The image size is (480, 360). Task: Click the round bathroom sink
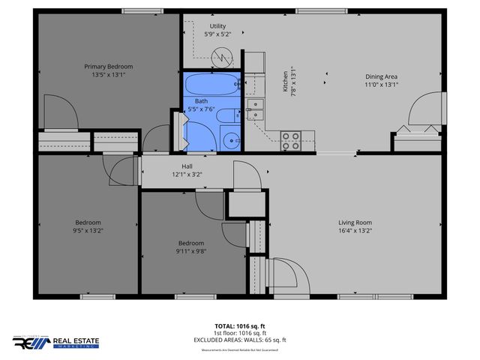(232, 139)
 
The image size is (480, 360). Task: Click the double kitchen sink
(256, 110)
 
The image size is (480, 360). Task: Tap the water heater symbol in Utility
(222, 55)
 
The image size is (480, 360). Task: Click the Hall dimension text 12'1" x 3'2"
(187, 175)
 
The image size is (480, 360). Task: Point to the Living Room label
(355, 223)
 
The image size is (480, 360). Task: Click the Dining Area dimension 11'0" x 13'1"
(381, 85)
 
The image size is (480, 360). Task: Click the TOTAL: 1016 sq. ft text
(241, 326)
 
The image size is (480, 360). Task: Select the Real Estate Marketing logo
(55, 342)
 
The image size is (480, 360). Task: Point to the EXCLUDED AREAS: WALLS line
(241, 339)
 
